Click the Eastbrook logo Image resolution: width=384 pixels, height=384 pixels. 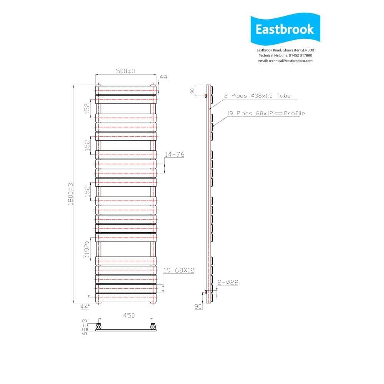point(285,30)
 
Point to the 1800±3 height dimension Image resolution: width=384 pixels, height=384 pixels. point(71,194)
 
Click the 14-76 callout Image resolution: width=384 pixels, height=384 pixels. point(175,154)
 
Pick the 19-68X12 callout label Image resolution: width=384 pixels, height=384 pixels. point(179,270)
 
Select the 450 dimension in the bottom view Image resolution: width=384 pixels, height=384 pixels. point(129,316)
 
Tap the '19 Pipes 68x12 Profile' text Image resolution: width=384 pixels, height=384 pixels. point(265,113)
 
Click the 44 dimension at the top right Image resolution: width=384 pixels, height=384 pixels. point(163,77)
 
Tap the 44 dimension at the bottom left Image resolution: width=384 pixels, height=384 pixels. point(84,306)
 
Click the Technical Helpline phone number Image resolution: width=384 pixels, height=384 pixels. point(285,56)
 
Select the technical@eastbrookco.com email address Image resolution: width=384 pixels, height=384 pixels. point(285,61)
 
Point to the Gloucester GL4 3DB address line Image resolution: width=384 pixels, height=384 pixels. point(285,50)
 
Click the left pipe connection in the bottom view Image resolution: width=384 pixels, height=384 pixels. point(99,327)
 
